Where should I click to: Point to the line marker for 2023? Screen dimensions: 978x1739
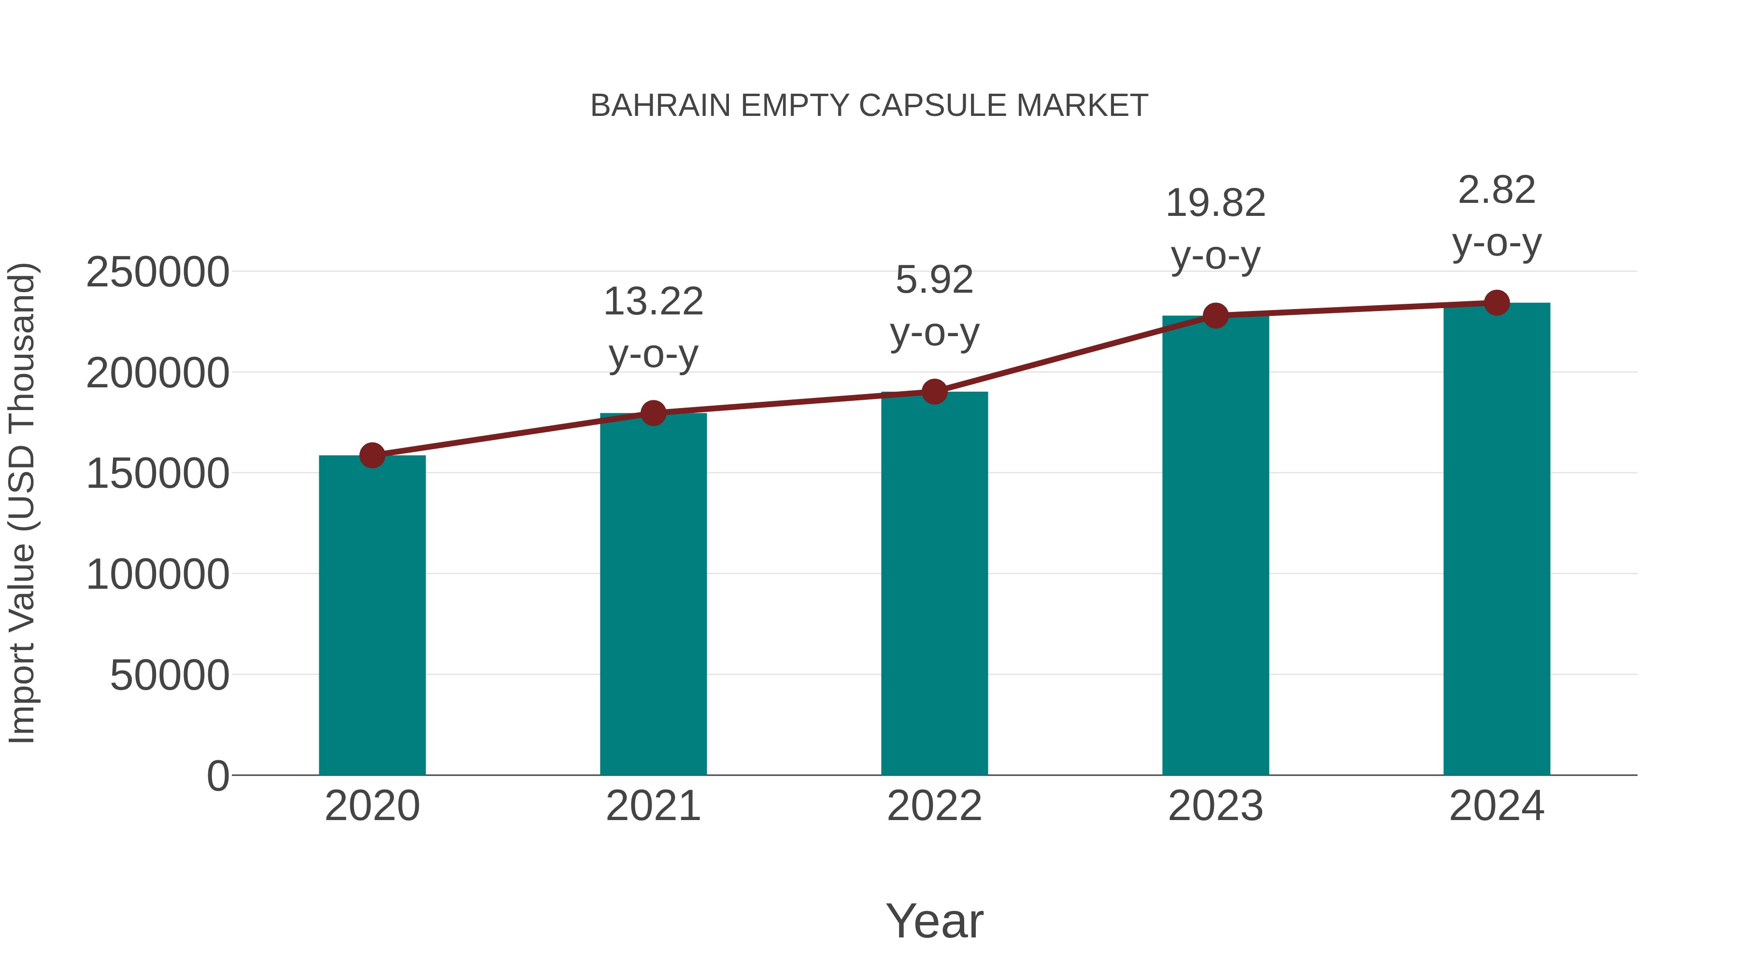(1215, 315)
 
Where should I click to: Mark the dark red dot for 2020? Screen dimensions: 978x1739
(372, 455)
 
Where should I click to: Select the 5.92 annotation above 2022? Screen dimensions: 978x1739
(934, 280)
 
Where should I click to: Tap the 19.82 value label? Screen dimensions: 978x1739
(1215, 203)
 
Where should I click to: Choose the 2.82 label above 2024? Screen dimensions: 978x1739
(1497, 190)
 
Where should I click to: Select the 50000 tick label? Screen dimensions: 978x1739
(170, 675)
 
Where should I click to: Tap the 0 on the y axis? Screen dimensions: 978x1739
(218, 776)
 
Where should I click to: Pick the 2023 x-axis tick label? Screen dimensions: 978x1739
(1215, 806)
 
